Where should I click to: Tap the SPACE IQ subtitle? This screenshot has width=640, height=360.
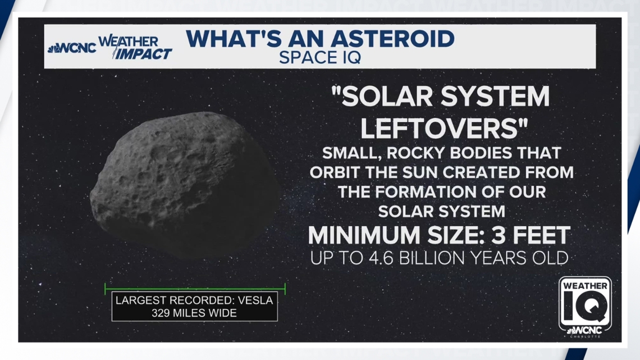(x=320, y=57)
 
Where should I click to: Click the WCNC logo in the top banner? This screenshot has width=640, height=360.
(x=72, y=48)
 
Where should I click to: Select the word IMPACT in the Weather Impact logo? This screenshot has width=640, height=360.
(x=143, y=54)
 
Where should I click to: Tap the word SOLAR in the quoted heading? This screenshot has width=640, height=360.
(x=392, y=98)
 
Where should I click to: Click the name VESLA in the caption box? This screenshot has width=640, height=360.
(x=253, y=300)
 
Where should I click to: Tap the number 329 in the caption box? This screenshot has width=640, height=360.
(x=162, y=313)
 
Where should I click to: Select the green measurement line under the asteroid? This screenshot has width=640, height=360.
(x=195, y=289)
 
